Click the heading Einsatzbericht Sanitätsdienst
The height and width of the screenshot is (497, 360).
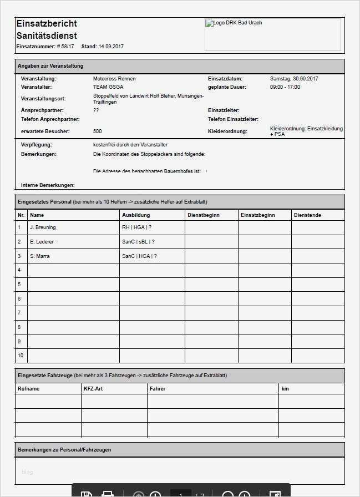47,29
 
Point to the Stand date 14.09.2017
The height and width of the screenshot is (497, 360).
111,47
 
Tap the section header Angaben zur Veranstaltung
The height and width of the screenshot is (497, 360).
50,66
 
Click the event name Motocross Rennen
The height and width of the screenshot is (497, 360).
114,79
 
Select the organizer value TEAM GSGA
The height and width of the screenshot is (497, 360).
108,87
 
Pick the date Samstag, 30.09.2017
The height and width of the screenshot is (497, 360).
294,79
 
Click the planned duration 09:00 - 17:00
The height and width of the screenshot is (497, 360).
285,87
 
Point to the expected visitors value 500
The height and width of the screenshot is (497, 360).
98,131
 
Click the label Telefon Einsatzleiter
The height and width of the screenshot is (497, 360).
233,119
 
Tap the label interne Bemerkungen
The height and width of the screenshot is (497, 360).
48,185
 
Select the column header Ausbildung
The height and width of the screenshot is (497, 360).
136,215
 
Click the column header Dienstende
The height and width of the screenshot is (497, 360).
307,215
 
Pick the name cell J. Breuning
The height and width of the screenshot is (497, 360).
43,227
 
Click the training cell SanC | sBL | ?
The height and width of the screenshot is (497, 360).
138,242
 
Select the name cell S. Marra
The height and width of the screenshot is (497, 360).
40,256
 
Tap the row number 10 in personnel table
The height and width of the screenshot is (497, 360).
21,356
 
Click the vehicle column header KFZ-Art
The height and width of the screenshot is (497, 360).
93,389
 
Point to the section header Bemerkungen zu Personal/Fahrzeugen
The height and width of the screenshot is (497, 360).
64,450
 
